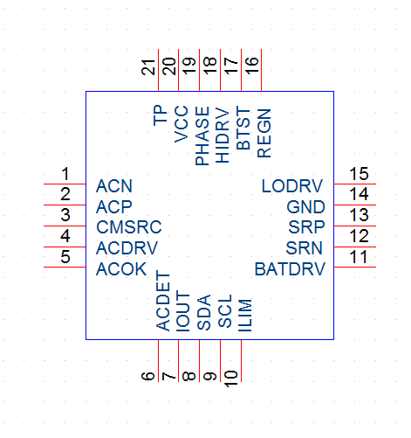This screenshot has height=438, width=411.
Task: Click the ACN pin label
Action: coord(114,186)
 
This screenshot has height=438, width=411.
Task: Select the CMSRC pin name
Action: coord(129,227)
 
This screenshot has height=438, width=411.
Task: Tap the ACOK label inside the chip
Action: coord(121,269)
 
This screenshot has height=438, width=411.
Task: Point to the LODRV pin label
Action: coord(292,186)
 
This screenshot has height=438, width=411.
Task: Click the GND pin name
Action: coord(305,207)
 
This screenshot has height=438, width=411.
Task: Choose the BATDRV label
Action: coord(290,269)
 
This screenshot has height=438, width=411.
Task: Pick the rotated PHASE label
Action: coord(202,136)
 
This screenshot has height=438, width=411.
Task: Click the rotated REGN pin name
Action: coord(264,133)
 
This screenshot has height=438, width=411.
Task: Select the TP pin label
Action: coord(161,115)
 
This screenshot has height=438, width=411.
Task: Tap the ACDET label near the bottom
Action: coord(163,301)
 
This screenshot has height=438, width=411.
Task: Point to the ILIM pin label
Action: coord(245,315)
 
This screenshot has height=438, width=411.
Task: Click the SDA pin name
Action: coord(204,312)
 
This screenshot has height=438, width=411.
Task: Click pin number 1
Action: coord(65,174)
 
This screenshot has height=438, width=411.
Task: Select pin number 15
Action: coord(359,174)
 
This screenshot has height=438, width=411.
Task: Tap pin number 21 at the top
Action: coord(148,67)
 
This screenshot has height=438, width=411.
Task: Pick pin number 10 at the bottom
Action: coord(231,379)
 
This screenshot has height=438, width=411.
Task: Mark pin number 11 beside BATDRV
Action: coord(358,257)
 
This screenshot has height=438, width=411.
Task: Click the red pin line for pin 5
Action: coord(65,267)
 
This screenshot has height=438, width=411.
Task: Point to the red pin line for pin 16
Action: coord(262,70)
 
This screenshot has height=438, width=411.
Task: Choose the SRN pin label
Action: coord(304,248)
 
